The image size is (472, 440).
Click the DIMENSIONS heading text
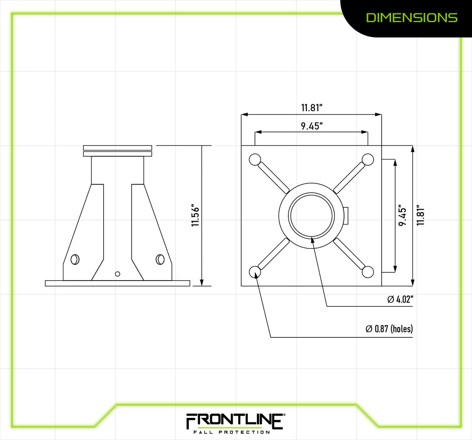tap(412, 17)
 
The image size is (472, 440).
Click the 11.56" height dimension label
tap(195, 216)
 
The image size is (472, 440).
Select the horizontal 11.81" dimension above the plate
tap(312, 108)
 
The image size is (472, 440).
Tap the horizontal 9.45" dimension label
tap(312, 126)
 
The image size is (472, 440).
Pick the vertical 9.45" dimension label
tap(403, 216)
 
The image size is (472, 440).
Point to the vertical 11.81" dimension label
tap(421, 216)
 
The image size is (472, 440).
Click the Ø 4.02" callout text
tap(400, 299)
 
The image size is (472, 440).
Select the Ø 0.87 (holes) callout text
tap(389, 329)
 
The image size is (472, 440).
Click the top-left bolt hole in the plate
tap(255, 159)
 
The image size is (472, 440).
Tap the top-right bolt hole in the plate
tap(368, 159)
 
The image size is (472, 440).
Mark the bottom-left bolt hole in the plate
tap(255, 272)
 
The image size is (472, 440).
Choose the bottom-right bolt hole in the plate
tap(368, 272)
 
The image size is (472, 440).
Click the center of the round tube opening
tap(312, 216)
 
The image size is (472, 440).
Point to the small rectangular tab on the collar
tap(346, 216)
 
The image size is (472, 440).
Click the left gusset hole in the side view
tap(75, 259)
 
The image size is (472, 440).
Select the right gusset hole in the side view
tap(160, 259)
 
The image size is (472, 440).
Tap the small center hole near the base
tap(118, 274)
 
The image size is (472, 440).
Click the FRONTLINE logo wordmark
tap(235, 421)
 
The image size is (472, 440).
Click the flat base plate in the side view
tap(117, 283)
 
